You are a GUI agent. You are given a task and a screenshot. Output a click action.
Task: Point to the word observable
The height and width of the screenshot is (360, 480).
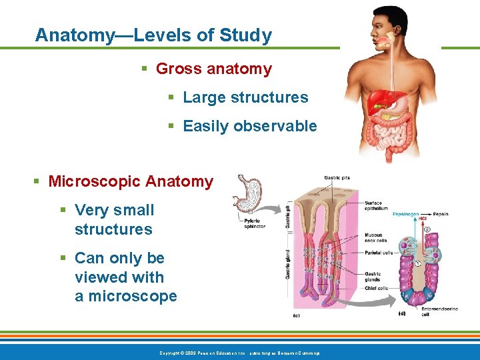(x=276, y=126)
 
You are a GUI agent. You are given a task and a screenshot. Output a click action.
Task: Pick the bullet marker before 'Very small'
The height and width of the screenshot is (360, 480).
(x=63, y=211)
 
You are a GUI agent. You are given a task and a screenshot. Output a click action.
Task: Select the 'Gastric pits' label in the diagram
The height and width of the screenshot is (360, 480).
(x=337, y=178)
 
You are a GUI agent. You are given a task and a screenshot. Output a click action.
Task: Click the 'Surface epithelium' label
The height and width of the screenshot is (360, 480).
(x=376, y=206)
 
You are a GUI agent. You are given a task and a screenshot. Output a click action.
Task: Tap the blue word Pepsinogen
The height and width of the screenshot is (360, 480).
(x=407, y=215)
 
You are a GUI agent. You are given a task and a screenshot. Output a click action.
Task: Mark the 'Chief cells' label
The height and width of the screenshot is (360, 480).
(x=376, y=289)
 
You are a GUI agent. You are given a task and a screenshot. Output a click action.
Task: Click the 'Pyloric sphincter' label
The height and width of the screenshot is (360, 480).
(x=255, y=223)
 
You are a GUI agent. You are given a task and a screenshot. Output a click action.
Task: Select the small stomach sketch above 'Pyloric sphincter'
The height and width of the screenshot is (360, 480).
(x=249, y=193)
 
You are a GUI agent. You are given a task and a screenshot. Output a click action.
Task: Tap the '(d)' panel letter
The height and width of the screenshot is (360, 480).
(x=401, y=313)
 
